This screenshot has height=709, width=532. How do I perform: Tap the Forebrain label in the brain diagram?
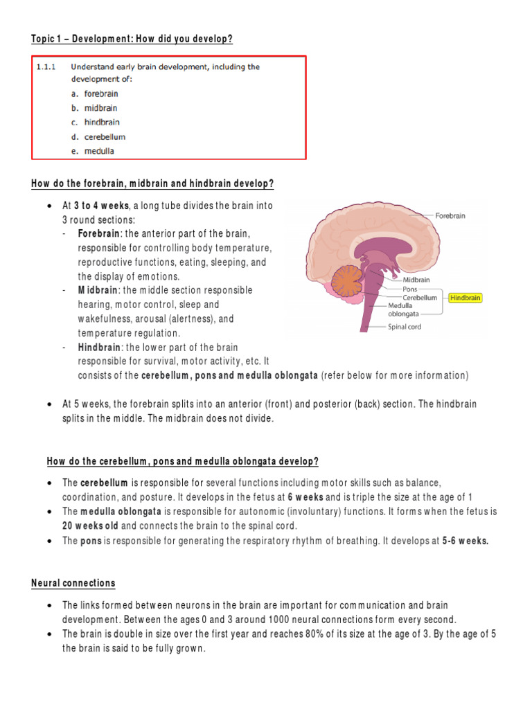[x=450, y=215]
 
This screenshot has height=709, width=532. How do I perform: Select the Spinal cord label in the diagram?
[x=404, y=327]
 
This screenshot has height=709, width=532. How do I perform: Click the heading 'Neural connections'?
[x=73, y=583]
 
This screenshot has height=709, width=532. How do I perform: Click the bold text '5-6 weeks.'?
[x=465, y=541]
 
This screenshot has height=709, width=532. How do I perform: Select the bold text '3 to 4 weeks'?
[x=101, y=206]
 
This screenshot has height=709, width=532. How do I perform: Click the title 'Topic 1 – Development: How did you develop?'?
[x=132, y=39]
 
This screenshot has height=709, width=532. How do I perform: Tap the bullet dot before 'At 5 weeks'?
[x=50, y=404]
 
